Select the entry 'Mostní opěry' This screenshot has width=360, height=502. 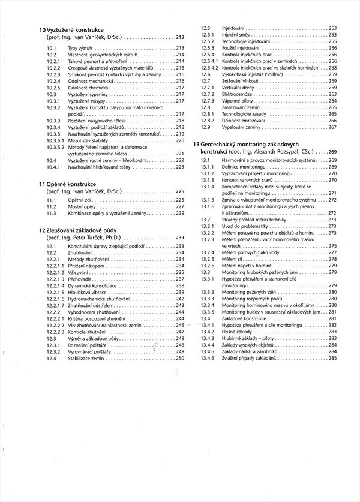tap(81, 206)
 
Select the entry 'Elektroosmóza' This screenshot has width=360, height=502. tap(238, 94)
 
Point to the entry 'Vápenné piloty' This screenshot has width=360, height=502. tap(238, 101)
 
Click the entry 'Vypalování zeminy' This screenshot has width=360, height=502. tap(242, 128)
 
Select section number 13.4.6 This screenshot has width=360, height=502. tap(208, 359)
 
